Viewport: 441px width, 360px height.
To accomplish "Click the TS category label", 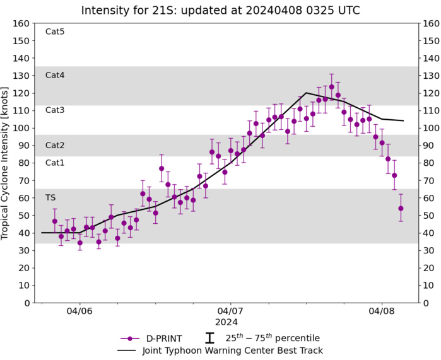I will click(x=50, y=197).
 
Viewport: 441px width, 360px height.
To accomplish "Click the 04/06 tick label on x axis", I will click(x=79, y=311).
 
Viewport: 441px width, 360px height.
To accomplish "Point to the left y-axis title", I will click(x=7, y=163).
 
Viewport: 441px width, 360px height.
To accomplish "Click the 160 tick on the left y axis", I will click(x=20, y=23).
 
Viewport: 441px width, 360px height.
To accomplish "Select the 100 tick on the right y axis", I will click(x=432, y=128).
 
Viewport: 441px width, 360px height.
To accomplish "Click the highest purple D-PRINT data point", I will click(x=331, y=87).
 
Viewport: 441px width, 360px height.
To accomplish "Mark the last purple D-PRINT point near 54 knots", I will click(x=401, y=208).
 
